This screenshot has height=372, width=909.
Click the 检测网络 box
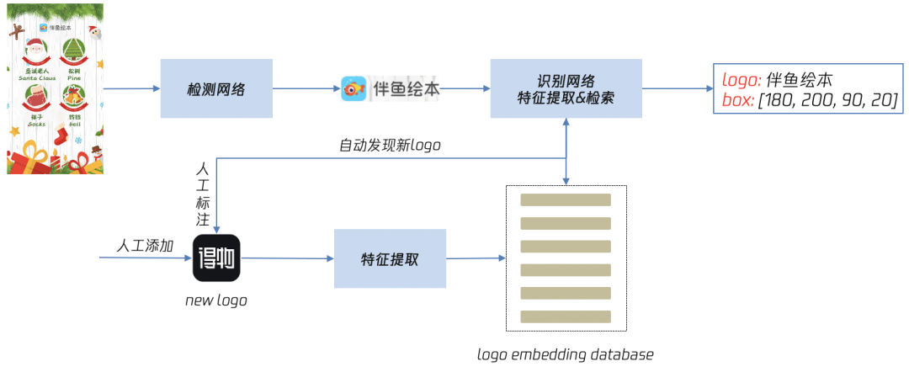[216, 88]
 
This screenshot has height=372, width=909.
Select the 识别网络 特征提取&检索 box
[566, 88]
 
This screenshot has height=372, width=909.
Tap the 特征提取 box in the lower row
[390, 259]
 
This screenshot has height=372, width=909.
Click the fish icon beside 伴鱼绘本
[353, 88]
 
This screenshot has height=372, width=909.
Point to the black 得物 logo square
[217, 258]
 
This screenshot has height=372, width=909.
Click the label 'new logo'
[216, 300]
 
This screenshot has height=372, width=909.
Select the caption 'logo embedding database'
[566, 354]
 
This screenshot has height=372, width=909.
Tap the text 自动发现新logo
[390, 146]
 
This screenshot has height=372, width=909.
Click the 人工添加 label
[145, 246]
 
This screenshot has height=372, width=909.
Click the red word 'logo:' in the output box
[742, 81]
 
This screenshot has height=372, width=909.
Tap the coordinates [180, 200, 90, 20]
[828, 101]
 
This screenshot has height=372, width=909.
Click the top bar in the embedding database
[566, 200]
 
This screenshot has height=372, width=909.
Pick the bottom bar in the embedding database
[566, 316]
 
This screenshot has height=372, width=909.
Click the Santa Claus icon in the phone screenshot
[36, 52]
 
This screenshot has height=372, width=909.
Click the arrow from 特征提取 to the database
[476, 258]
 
